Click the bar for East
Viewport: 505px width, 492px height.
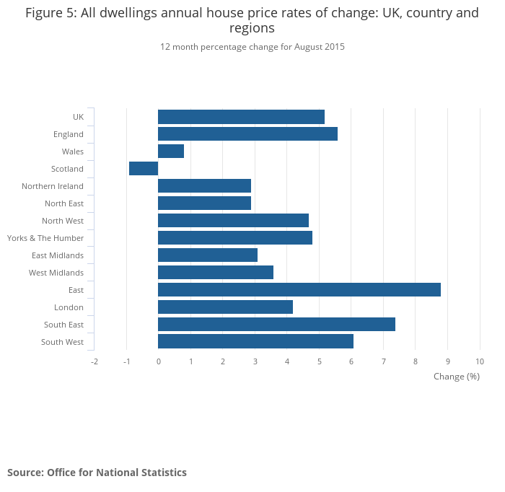tap(299, 290)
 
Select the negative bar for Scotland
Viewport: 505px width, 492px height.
tap(144, 169)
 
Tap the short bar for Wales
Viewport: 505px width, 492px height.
tap(171, 151)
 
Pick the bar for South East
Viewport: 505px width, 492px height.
tap(276, 325)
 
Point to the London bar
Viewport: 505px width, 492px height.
tap(225, 307)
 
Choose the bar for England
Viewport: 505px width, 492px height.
tap(247, 134)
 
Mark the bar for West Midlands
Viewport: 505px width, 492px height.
tap(216, 273)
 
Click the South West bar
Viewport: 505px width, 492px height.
tap(255, 342)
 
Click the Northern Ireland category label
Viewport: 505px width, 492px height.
tap(53, 186)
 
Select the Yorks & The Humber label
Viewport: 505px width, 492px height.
tap(45, 238)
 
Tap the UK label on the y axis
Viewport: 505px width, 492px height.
tap(78, 117)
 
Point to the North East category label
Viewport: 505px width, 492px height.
tap(64, 203)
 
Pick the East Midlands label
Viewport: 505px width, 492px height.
tap(58, 255)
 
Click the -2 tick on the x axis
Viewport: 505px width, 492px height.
tap(95, 361)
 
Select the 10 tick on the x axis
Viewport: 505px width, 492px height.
tap(480, 361)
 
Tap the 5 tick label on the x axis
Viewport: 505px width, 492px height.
tap(319, 361)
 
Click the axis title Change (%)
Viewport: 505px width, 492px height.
tap(456, 377)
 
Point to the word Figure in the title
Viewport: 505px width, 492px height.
tap(45, 13)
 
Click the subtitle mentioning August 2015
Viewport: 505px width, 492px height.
tap(252, 47)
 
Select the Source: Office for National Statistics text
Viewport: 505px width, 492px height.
tap(97, 473)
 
